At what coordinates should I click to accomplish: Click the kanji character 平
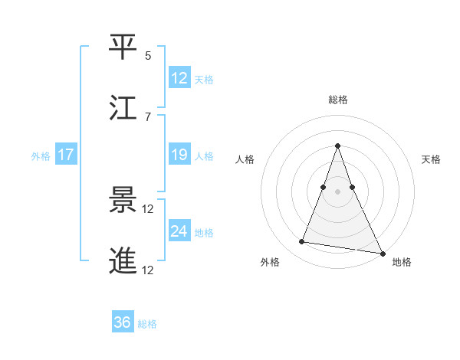[x=123, y=47]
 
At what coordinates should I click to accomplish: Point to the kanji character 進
[x=123, y=261]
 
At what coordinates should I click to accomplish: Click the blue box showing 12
[x=179, y=78]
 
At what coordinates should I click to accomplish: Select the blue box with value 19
[x=179, y=155]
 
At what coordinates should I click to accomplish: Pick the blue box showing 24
[x=179, y=231]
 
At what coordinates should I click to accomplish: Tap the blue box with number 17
[x=66, y=155]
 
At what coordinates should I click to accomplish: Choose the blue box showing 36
[x=123, y=323]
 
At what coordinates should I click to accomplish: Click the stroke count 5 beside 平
[x=148, y=56]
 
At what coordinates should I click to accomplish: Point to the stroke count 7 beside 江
[x=148, y=116]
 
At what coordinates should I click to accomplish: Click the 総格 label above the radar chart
[x=338, y=100]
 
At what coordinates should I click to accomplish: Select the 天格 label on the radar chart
[x=431, y=159]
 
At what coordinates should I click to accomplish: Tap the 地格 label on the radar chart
[x=402, y=262]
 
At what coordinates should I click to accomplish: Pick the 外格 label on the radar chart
[x=270, y=262]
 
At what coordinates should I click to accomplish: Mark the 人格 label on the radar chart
[x=245, y=159]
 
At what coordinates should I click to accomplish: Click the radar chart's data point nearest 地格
[x=381, y=253]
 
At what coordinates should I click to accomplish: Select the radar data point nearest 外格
[x=302, y=242]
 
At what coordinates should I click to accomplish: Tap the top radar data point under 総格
[x=338, y=146]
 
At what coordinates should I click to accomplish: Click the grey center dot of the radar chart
[x=338, y=191]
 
